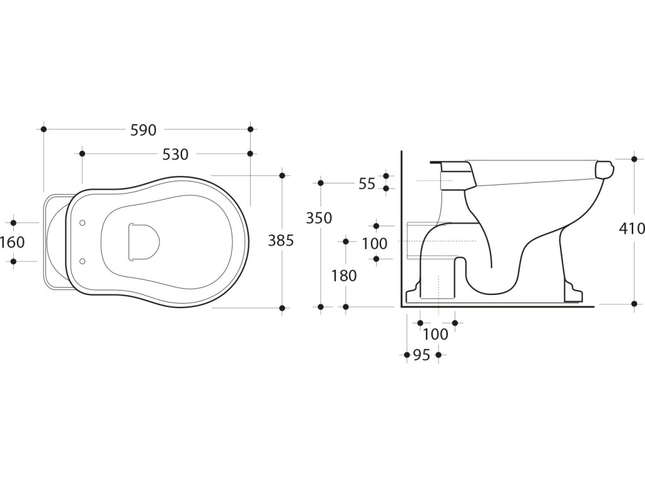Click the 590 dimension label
point(143,130)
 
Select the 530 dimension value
point(175,154)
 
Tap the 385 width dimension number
point(281,240)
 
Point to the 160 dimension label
point(13,242)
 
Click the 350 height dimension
point(319,217)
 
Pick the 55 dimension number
point(367,184)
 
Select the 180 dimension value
point(344,275)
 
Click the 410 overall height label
point(632,228)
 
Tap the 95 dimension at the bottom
point(421,355)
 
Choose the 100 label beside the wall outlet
point(375,243)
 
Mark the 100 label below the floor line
point(435,334)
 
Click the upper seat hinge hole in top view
point(83,222)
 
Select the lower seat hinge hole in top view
point(83,260)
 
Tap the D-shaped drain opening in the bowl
point(143,241)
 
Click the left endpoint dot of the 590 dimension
point(43,129)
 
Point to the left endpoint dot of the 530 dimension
point(82,153)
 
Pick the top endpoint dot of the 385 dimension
point(282,175)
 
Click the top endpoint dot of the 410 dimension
point(634,159)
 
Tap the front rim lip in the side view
point(604,169)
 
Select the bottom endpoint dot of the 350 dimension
point(321,307)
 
